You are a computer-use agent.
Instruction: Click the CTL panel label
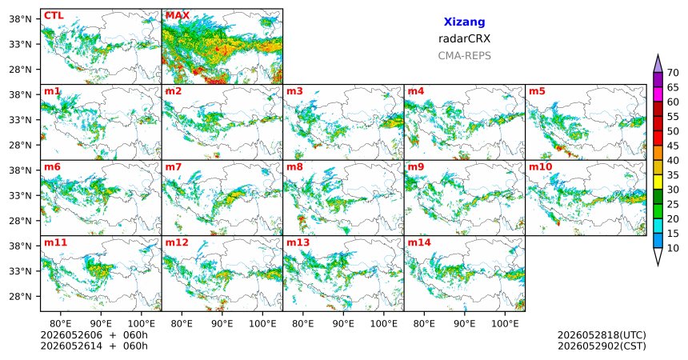tap(54, 16)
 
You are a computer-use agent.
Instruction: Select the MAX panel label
tap(178, 16)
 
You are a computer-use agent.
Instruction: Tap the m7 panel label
tap(174, 167)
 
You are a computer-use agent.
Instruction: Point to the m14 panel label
tap(419, 242)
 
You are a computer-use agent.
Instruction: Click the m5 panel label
tap(537, 91)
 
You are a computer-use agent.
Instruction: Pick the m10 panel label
tap(540, 167)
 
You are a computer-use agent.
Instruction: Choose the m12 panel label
tap(176, 242)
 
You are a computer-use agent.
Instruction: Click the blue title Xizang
tap(464, 22)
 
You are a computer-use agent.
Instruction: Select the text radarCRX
tap(464, 38)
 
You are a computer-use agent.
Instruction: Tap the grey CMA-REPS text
tap(464, 56)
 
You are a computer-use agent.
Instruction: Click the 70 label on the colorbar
tap(673, 73)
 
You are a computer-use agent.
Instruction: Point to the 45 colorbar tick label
tap(673, 146)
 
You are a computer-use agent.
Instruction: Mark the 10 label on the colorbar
tap(673, 248)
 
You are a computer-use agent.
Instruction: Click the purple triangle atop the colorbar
tap(658, 64)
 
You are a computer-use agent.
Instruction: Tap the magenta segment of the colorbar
tap(658, 94)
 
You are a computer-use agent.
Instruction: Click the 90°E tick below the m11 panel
tap(101, 324)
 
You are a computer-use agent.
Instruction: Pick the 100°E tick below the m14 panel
tap(505, 324)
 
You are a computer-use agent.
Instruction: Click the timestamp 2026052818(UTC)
tap(602, 335)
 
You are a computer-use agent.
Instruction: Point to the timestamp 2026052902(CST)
tap(602, 346)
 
